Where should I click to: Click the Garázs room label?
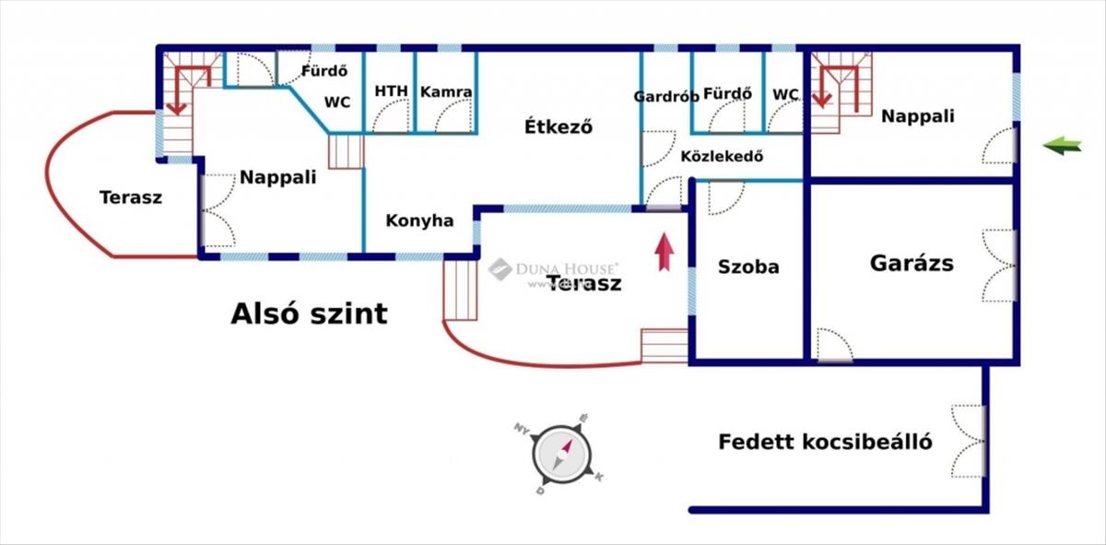tap(912, 264)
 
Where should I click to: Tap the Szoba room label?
tap(748, 267)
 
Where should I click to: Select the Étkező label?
tap(557, 126)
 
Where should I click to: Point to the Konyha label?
tap(419, 221)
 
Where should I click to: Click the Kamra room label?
tap(446, 92)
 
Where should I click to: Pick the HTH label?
tap(391, 92)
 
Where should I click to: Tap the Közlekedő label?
tap(722, 156)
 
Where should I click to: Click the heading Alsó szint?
tap(309, 314)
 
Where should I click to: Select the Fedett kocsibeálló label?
tap(825, 442)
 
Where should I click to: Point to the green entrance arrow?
tap(1062, 145)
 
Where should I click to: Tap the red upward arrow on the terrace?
tap(663, 252)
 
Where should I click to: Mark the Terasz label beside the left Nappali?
tap(131, 197)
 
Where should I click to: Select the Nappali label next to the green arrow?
tap(917, 116)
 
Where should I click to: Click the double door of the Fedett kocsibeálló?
tap(969, 441)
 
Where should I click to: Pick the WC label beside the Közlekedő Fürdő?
tap(785, 94)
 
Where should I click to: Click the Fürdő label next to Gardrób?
tap(727, 94)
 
